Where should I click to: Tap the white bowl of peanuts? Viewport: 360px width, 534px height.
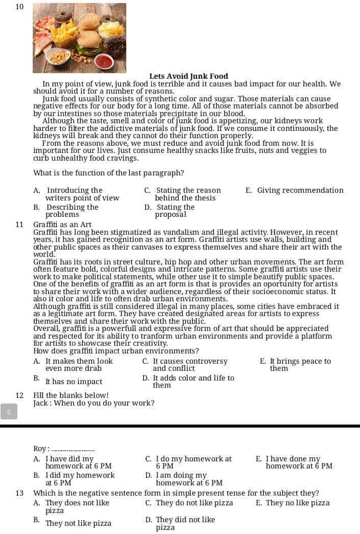tap(59, 56)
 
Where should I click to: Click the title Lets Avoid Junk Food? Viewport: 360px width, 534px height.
tap(189, 76)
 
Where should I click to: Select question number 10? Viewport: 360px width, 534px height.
tap(19, 7)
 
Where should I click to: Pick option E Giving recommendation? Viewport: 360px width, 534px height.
tap(295, 190)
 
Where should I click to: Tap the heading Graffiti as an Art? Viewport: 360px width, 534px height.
tap(62, 225)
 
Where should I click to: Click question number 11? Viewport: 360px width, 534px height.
tap(19, 225)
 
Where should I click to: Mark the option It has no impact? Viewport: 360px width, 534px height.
tap(74, 382)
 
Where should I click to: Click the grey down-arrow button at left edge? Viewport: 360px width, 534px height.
tap(9, 411)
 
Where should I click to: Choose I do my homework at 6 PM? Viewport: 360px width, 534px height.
tap(188, 462)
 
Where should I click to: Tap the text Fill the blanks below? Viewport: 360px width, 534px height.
tap(71, 395)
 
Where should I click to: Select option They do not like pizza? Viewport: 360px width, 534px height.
tap(189, 503)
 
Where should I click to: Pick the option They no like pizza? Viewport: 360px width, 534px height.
tap(293, 503)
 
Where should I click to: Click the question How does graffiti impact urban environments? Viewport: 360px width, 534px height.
tap(116, 351)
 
